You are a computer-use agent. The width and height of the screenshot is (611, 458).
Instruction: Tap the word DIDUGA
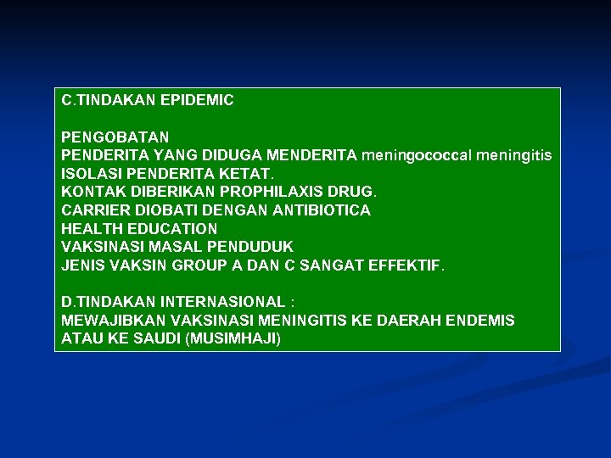[231, 155]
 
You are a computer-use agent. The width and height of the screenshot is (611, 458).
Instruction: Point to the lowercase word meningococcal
[416, 155]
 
